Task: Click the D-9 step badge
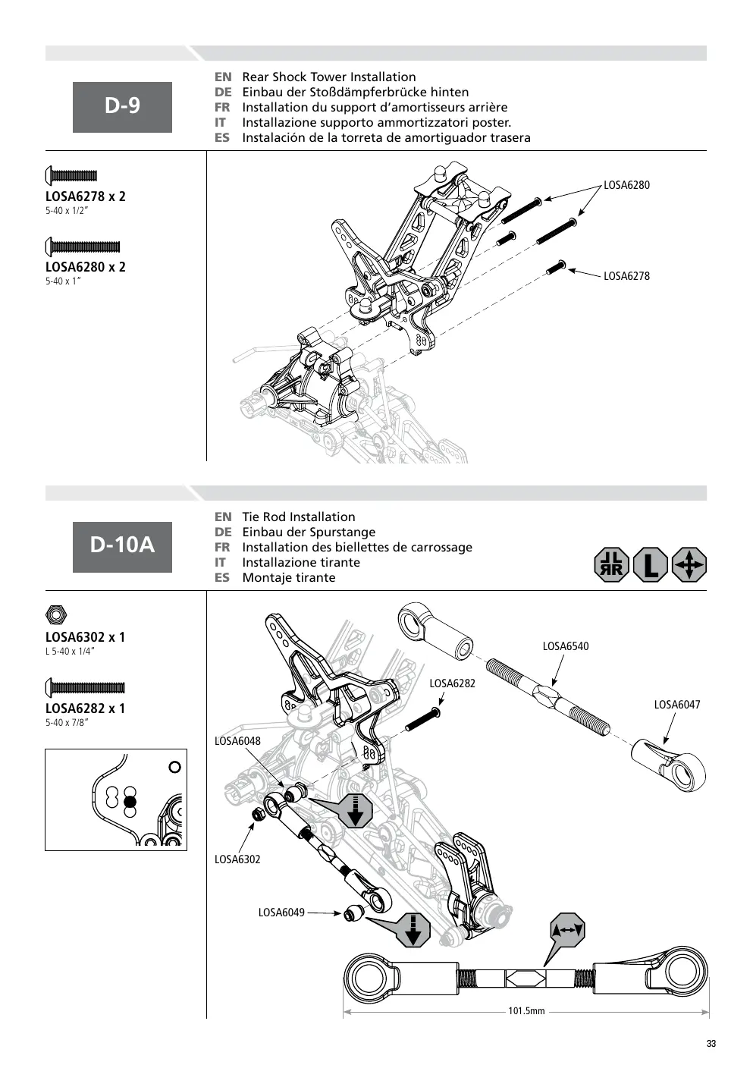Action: [x=122, y=107]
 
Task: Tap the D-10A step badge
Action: [x=122, y=547]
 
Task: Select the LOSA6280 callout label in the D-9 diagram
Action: [x=626, y=185]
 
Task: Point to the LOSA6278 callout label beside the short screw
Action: [x=626, y=276]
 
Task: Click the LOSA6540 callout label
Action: [x=566, y=646]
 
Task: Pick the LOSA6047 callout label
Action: [x=677, y=705]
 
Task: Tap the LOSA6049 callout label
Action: [x=281, y=913]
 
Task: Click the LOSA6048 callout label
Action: [x=237, y=741]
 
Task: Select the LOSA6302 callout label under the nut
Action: [x=237, y=859]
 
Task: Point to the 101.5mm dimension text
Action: [x=526, y=1011]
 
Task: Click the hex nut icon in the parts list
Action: [x=56, y=614]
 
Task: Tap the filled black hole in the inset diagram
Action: [x=130, y=803]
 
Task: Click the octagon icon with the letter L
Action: [x=651, y=565]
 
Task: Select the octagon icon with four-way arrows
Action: [x=689, y=565]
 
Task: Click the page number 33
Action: [x=711, y=1044]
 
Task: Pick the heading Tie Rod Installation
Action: [x=299, y=517]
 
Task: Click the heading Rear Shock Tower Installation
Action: [x=329, y=77]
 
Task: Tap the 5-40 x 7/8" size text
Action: [x=67, y=723]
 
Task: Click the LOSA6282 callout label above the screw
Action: [x=452, y=683]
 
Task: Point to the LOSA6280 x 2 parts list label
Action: [x=86, y=267]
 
